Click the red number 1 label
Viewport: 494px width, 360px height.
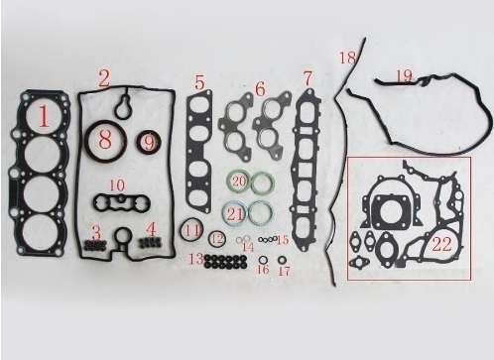click(x=44, y=118)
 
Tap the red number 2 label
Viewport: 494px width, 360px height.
click(x=104, y=74)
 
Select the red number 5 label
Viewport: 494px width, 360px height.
click(x=200, y=82)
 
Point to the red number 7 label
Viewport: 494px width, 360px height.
click(x=309, y=77)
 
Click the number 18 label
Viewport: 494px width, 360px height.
click(x=346, y=60)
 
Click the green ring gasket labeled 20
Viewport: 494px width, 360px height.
click(x=239, y=182)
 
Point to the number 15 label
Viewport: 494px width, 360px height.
click(x=283, y=239)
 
